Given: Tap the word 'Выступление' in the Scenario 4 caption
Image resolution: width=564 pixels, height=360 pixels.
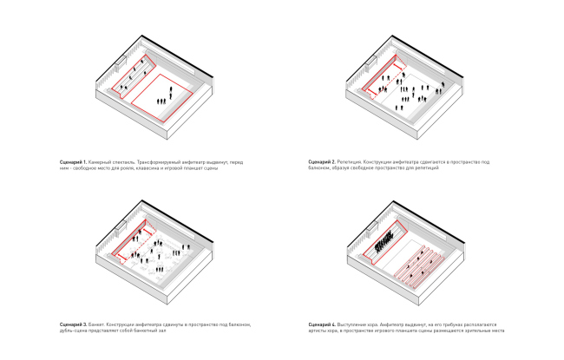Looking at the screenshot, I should pyautogui.click(x=356, y=324).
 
